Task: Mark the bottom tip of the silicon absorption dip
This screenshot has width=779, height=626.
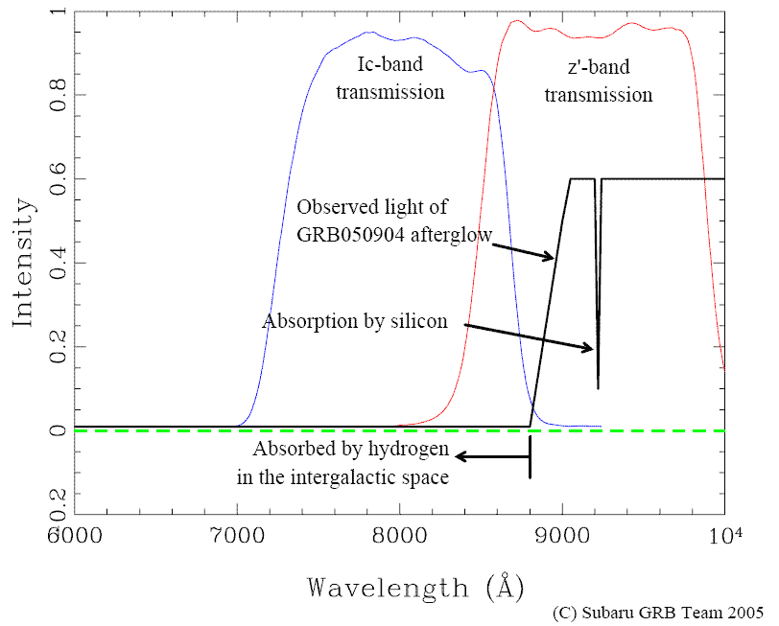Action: pos(598,387)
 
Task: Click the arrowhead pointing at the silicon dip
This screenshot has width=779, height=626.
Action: pos(589,348)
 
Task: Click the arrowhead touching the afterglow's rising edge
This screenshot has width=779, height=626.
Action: pos(550,256)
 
